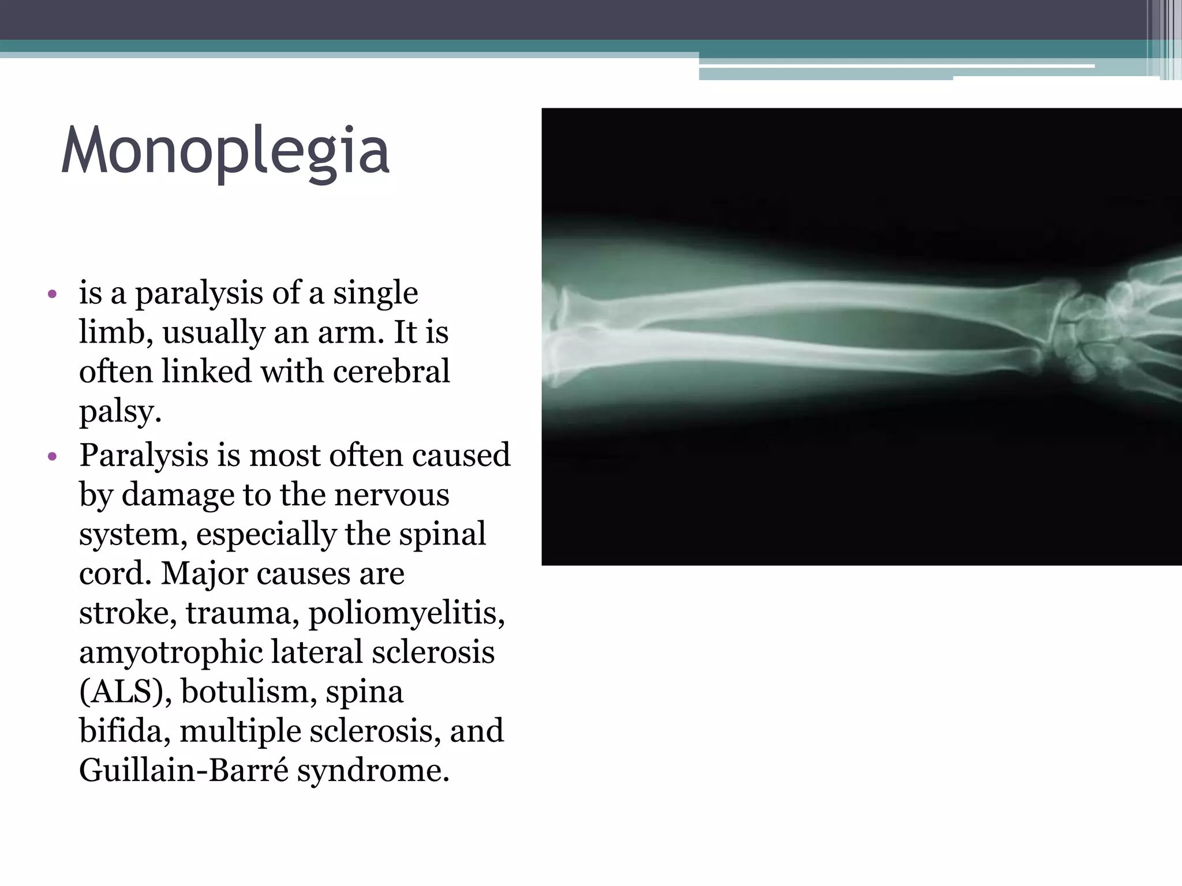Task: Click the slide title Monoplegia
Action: coord(225,151)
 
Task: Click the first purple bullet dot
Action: coord(53,295)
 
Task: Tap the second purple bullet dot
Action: coord(53,457)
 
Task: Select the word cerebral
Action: coord(391,371)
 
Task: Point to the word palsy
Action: coord(119,412)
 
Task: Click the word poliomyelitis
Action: coord(406,613)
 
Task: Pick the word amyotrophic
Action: coord(170,653)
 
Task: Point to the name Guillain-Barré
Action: coord(184,770)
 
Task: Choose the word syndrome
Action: coord(373,771)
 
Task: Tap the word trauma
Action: coord(242,613)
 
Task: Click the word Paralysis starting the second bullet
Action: coord(144,456)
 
